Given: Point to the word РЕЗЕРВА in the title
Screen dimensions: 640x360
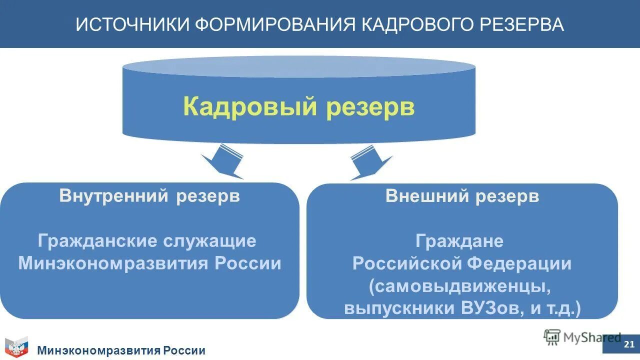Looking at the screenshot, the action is coord(522,24).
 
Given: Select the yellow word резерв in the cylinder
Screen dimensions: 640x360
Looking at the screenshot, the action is coord(370,106).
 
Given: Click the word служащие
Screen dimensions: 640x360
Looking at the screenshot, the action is coord(209,241).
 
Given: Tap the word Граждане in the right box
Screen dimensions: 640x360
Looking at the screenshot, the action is coord(459,241).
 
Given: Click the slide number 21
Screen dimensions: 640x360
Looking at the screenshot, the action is coord(629,344).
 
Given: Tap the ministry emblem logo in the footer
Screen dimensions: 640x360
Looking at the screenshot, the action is coord(16,347).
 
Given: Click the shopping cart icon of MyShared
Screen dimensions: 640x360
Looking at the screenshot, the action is coord(552,337).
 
